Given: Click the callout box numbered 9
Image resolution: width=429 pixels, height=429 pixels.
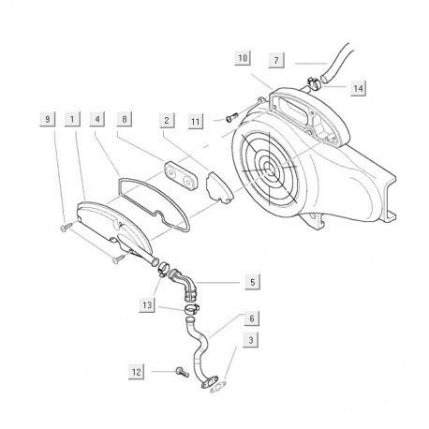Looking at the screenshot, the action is coord(48,119).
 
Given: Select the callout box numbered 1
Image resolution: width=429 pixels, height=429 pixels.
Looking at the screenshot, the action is coord(72,119).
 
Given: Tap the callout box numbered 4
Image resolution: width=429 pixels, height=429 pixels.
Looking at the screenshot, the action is coord(97,119).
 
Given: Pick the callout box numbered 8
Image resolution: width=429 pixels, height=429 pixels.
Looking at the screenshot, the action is coord(125,119).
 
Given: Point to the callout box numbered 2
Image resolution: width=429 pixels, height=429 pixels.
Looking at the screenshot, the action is coord(167,121).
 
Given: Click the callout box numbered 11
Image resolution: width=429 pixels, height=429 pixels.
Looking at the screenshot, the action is coord(196,121).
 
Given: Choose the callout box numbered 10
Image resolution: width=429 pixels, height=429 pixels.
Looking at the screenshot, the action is coord(243,58).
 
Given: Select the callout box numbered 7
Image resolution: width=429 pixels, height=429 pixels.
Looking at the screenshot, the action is coord(276,60).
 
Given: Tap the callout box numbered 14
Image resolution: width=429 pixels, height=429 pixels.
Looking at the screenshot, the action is coord(358,88).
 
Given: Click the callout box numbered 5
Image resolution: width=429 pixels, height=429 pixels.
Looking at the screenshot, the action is coord(253,282).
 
